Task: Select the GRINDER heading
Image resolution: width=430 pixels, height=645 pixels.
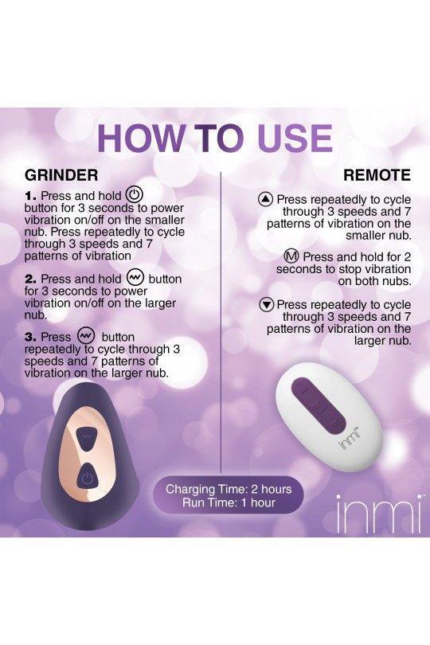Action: pos(61,175)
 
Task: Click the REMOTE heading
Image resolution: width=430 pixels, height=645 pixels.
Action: pos(377,175)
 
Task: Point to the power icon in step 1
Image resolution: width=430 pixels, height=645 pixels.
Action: pos(134,194)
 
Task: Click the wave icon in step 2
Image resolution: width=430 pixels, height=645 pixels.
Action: pos(135,278)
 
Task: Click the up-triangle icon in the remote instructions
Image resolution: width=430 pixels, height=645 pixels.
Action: pos(266,200)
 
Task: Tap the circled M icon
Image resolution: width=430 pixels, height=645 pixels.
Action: pos(291,256)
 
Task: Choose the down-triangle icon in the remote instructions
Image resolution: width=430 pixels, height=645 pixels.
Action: pos(267,305)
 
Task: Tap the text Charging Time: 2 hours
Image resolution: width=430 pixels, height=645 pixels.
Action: pos(229,489)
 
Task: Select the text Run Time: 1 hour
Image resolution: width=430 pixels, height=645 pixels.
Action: pos(229,502)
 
